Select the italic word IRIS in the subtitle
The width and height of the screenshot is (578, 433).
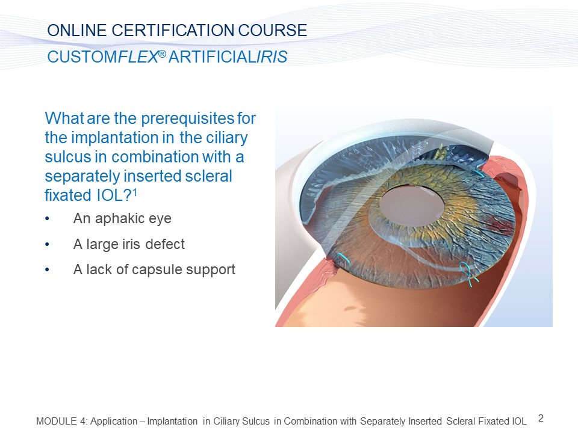tap(272, 57)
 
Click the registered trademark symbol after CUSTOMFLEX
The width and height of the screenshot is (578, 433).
tap(162, 54)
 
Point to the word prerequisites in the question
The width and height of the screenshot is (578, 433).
tap(187, 118)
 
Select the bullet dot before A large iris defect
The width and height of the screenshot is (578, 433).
tap(47, 245)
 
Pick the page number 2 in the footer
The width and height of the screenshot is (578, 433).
tap(541, 419)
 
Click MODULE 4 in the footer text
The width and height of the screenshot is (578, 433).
tap(61, 421)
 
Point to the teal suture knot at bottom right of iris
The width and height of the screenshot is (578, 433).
tap(468, 273)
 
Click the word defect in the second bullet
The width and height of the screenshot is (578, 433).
tap(165, 244)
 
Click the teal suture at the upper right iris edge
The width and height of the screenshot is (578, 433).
tap(479, 173)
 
